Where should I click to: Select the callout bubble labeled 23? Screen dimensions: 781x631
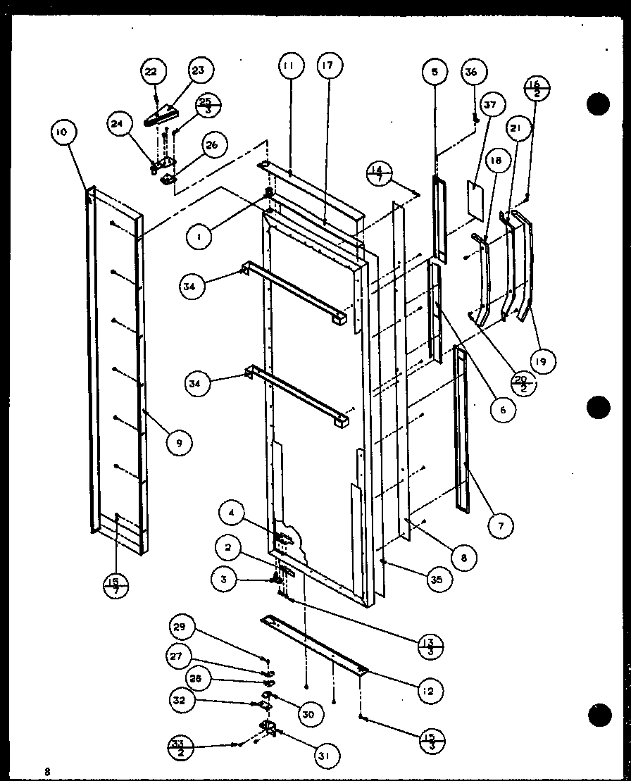[199, 70]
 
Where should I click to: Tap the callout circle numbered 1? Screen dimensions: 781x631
[200, 238]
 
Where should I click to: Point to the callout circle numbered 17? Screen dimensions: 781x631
[329, 65]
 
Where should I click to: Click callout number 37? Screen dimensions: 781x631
[490, 106]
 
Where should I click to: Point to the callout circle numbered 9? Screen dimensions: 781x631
[180, 442]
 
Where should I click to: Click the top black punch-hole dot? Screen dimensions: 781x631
[597, 104]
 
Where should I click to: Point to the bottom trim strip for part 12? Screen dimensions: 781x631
[313, 643]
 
